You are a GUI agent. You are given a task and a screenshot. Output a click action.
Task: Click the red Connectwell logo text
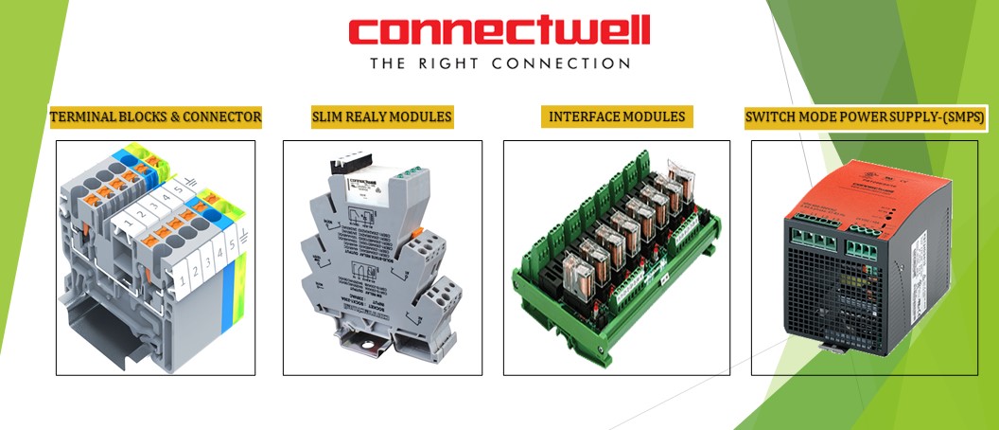[x=499, y=30]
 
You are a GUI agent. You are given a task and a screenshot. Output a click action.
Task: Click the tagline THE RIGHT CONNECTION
[x=499, y=63]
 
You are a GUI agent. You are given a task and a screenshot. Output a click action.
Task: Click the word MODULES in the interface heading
[x=655, y=117]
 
